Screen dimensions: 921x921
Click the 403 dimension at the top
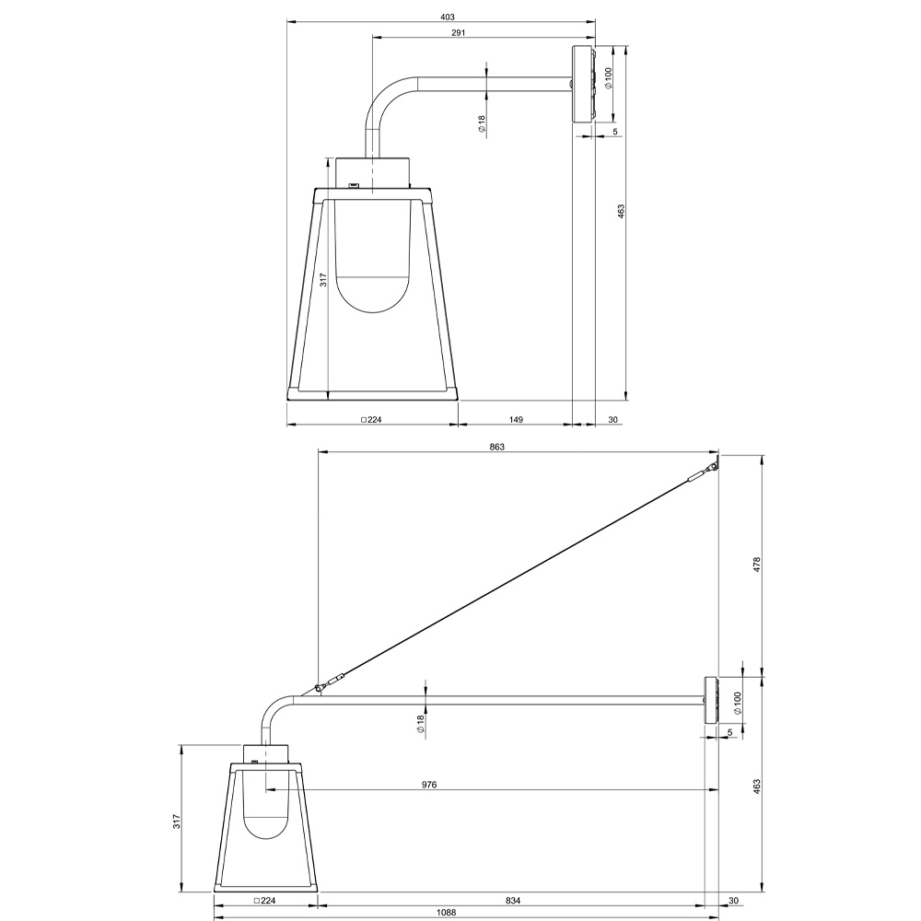tap(447, 17)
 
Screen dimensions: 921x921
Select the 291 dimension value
tap(458, 33)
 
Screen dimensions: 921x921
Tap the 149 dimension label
tap(516, 419)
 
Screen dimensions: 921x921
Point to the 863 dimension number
tap(497, 447)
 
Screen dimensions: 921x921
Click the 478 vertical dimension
tap(756, 565)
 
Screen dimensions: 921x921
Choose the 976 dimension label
tap(429, 785)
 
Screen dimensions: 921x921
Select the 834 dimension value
tap(513, 901)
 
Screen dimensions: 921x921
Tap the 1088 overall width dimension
tap(447, 912)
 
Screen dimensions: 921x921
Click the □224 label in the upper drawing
tap(371, 419)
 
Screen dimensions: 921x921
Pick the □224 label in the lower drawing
tap(264, 901)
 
